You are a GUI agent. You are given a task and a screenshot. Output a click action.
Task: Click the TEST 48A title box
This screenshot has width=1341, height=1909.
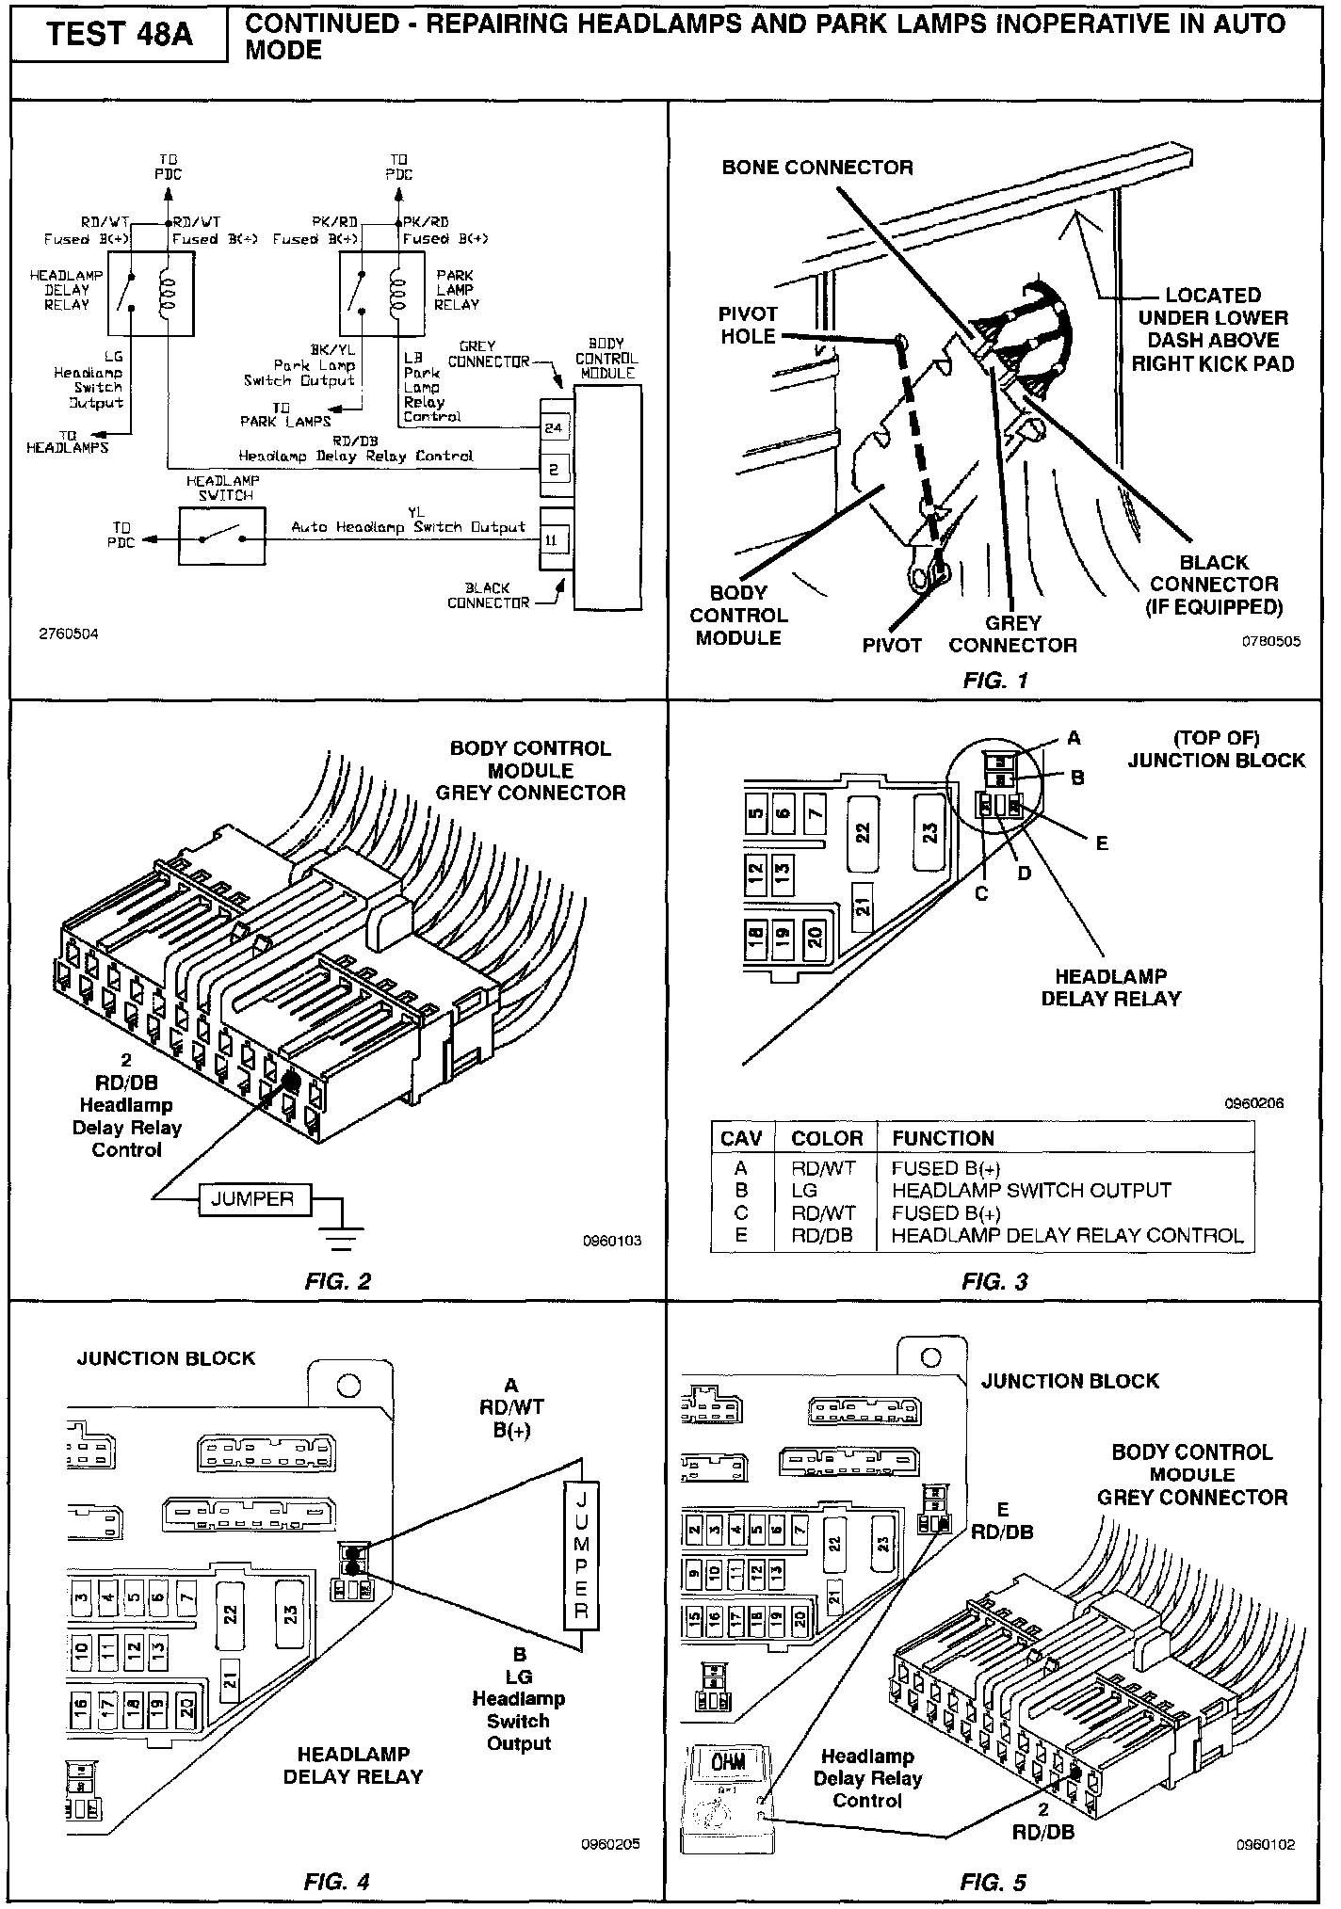point(119,35)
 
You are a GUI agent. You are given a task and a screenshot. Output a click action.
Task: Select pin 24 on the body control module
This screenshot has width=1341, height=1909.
point(554,427)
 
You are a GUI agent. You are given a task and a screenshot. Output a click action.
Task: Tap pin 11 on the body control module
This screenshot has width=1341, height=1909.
point(554,540)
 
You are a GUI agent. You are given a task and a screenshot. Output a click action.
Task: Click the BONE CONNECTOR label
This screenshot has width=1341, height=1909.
point(816,168)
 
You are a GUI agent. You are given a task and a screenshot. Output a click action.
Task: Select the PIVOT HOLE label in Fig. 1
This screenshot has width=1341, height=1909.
point(748,325)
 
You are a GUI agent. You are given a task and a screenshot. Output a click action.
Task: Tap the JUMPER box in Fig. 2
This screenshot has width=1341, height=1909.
point(252,1198)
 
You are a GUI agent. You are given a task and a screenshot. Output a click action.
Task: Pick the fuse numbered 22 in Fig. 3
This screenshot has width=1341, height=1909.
point(862,833)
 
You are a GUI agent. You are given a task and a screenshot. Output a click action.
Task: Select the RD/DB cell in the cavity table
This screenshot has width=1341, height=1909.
point(822,1235)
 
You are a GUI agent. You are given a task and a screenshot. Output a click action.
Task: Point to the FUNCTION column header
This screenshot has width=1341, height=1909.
point(943,1138)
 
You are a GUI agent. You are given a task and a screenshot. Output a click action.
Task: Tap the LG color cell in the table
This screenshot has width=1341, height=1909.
point(805,1190)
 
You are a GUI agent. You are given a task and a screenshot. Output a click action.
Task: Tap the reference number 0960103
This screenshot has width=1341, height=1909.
point(612,1241)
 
